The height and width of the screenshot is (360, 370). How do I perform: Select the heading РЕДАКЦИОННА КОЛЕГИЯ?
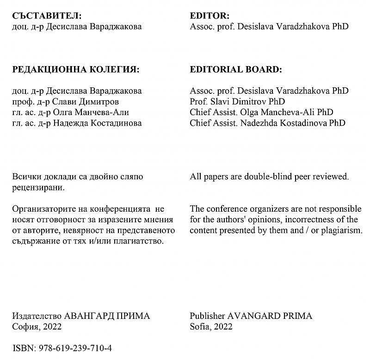click(x=75, y=70)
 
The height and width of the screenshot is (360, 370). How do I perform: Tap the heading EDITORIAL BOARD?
click(x=235, y=70)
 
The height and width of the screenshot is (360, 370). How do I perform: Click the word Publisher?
click(x=208, y=316)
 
